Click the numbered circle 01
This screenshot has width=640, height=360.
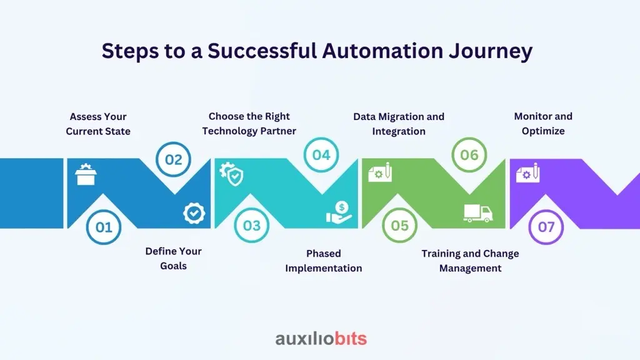click(x=104, y=227)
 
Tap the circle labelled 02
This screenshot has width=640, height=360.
click(x=174, y=159)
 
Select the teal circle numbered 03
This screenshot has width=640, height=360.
click(x=251, y=225)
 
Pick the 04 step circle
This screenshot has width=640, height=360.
click(x=321, y=155)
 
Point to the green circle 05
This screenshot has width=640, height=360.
click(x=399, y=225)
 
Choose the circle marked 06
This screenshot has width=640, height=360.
click(x=469, y=155)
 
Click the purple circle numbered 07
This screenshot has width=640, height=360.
click(x=546, y=227)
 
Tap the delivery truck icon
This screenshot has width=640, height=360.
click(x=478, y=213)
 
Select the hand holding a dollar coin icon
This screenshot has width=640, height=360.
click(x=339, y=212)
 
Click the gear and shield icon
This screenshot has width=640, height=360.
click(x=231, y=174)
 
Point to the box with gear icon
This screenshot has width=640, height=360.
click(x=86, y=174)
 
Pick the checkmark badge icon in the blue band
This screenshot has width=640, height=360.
click(x=194, y=213)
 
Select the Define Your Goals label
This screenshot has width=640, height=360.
click(x=174, y=258)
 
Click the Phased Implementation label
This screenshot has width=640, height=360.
click(x=324, y=261)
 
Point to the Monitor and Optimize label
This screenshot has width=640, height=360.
click(x=543, y=124)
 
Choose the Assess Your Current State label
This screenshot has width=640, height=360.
click(x=98, y=124)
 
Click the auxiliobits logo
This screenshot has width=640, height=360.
click(x=321, y=338)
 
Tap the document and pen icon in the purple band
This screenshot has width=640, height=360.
click(x=527, y=173)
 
